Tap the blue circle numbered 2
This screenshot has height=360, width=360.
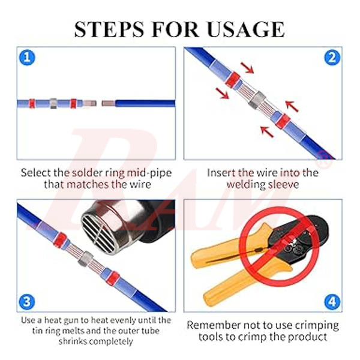pyautogui.click(x=331, y=58)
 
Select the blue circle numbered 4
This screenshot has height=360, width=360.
pyautogui.click(x=331, y=301)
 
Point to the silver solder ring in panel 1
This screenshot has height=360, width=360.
pyautogui.click(x=52, y=103)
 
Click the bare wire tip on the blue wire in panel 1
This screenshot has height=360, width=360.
pyautogui.click(x=108, y=103)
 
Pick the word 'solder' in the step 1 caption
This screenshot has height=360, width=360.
pyautogui.click(x=91, y=172)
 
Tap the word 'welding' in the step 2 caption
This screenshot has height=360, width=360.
pyautogui.click(x=247, y=184)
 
